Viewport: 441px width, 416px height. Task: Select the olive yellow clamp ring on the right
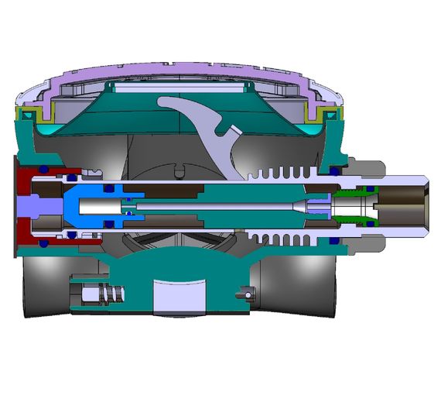(x=318, y=116)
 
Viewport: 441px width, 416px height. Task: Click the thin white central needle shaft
(x=217, y=206)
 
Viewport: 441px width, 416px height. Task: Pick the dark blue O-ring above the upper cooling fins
(x=333, y=169)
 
